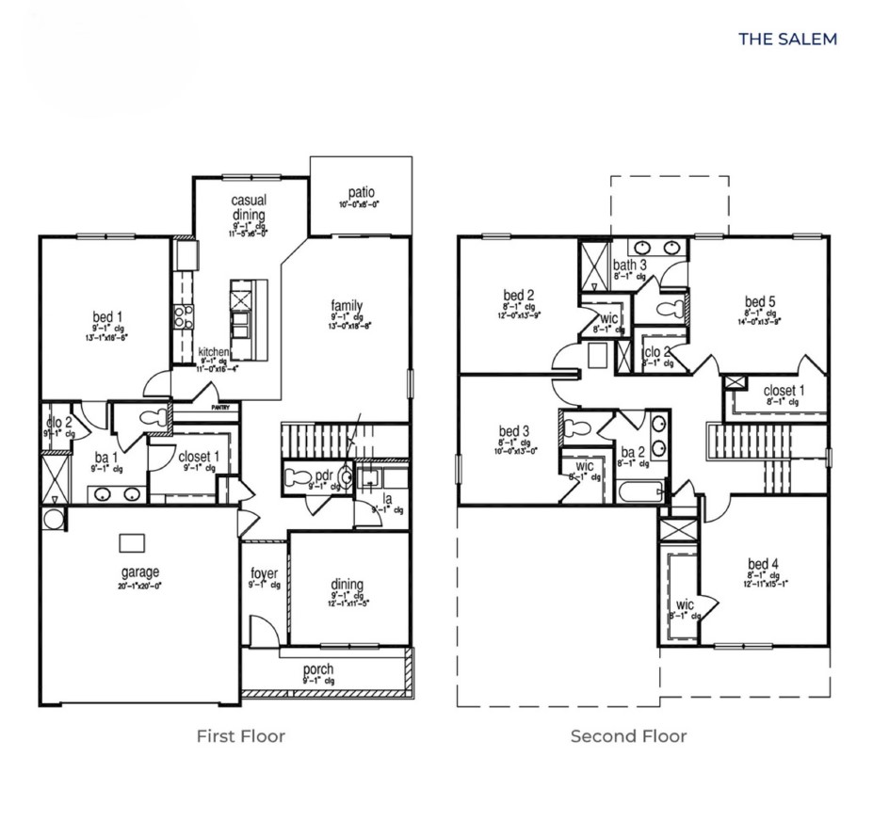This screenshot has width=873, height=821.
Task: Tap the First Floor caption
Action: point(240,735)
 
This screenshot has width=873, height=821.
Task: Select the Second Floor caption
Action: point(628,735)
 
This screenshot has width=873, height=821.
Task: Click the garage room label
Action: point(139,571)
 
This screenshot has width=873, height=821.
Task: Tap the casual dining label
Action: point(250,207)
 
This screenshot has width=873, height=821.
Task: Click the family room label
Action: point(347,306)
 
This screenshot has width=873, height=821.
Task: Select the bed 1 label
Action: point(106,315)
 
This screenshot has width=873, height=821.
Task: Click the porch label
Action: point(318,669)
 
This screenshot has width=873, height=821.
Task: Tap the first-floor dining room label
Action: point(348,585)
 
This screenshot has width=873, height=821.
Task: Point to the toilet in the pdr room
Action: point(298,477)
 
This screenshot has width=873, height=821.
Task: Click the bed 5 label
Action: point(761,302)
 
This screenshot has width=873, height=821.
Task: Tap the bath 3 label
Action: point(629,266)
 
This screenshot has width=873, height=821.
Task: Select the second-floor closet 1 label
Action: point(784,390)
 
